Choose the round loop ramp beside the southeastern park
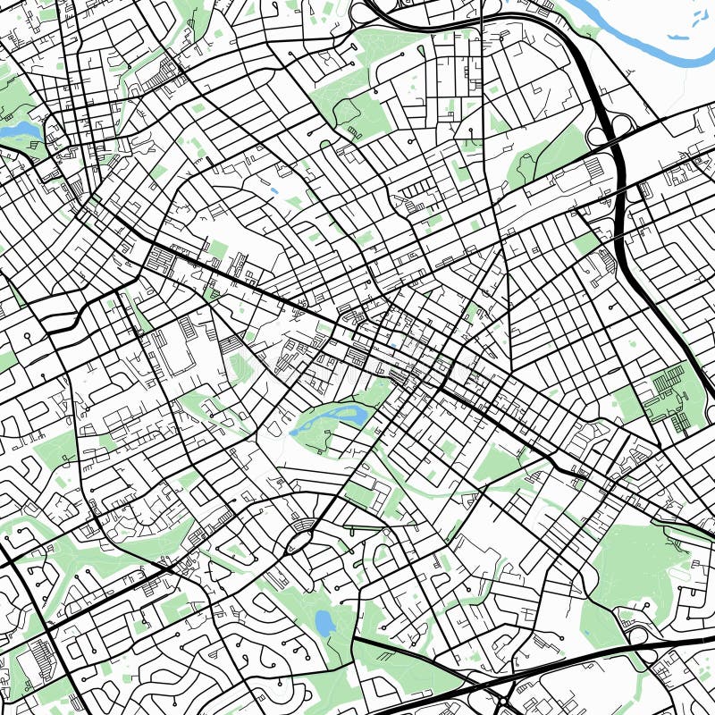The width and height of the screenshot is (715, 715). pyautogui.click(x=637, y=635)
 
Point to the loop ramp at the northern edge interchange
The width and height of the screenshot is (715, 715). pyautogui.click(x=361, y=11)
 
